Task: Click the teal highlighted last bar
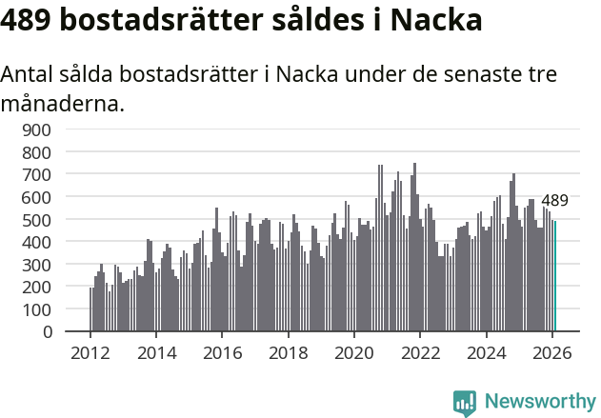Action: click(555, 276)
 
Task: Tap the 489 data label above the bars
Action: click(554, 200)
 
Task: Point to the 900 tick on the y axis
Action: click(42, 129)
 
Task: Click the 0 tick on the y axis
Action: click(50, 332)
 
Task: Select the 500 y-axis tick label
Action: click(42, 219)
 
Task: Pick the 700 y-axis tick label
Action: click(42, 174)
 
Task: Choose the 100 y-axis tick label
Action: click(42, 309)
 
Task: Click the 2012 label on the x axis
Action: click(90, 352)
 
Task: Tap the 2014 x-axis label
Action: click(156, 352)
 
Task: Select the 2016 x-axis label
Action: click(222, 352)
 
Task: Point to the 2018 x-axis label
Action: click(288, 352)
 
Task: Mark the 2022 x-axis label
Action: click(420, 352)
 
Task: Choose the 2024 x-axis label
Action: click(486, 352)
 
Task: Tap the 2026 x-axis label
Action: click(551, 352)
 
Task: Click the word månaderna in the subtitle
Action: click(62, 103)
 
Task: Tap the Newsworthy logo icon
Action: click(465, 402)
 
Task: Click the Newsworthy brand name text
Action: click(539, 402)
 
